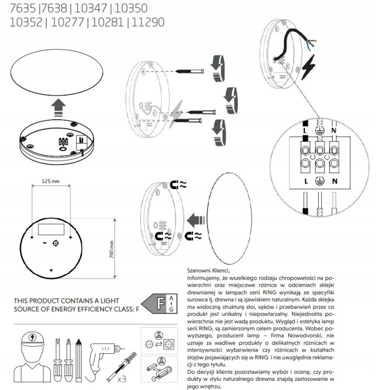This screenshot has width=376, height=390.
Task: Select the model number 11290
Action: (147, 23)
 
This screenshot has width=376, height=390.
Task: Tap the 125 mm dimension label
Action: (50, 182)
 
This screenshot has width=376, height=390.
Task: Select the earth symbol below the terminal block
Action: (321, 181)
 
